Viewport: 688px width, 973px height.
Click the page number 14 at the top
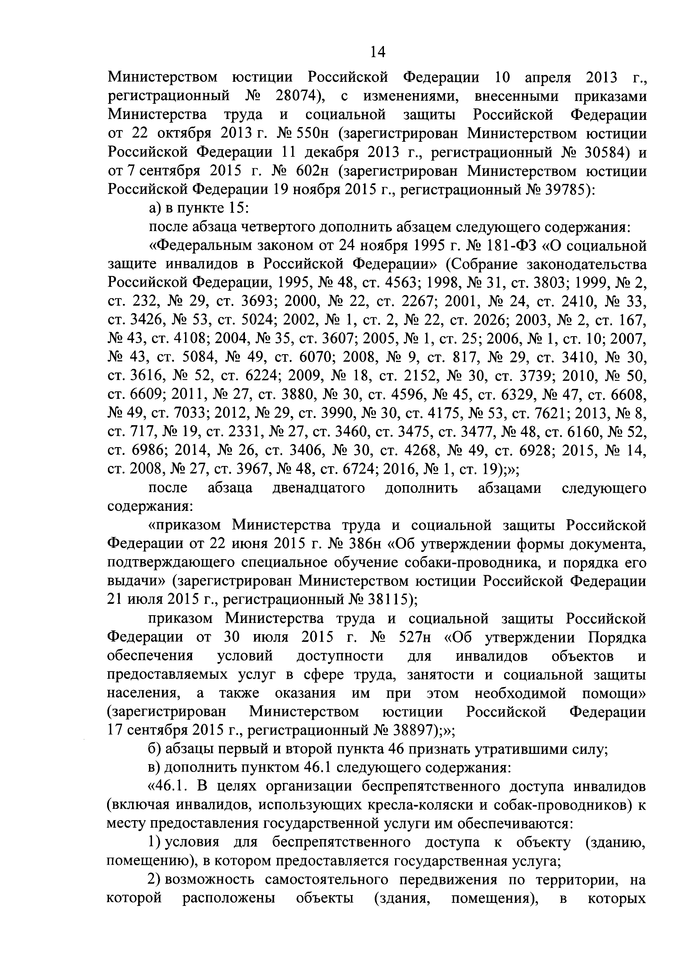(378, 52)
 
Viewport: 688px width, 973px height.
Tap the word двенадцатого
(318, 488)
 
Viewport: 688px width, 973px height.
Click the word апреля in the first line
(548, 78)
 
